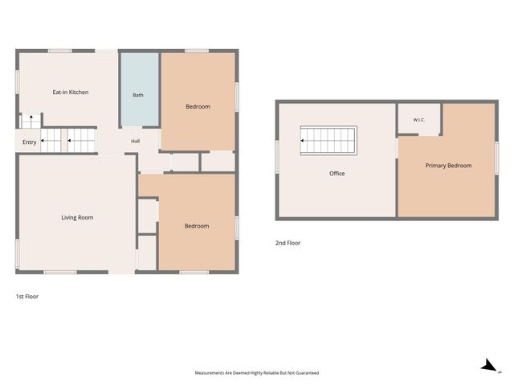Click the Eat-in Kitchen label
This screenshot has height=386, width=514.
[x=71, y=92]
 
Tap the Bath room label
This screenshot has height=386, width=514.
[x=138, y=95]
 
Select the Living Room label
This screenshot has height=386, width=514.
[x=77, y=217]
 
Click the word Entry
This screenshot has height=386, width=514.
[x=29, y=142]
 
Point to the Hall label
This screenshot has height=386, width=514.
[x=136, y=142]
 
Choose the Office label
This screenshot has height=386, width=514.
[x=337, y=174]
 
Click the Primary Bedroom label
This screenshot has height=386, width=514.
[x=448, y=166]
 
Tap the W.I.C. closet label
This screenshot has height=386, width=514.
[x=419, y=120]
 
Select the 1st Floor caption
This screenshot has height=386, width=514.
[x=27, y=297]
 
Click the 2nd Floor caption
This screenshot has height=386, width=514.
[x=288, y=243]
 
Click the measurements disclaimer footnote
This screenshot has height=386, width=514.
[x=257, y=373]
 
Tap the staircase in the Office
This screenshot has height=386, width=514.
[x=328, y=141]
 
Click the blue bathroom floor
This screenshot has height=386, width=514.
[x=140, y=89]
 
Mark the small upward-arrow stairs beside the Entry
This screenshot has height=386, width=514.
[x=31, y=121]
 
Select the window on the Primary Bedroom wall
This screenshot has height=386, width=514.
[x=496, y=158]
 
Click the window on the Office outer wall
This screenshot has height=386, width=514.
[x=277, y=157]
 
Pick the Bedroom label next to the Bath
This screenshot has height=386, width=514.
[x=198, y=107]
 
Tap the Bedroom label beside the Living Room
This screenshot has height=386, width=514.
[x=197, y=226]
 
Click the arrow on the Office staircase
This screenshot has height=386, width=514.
[x=302, y=141]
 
